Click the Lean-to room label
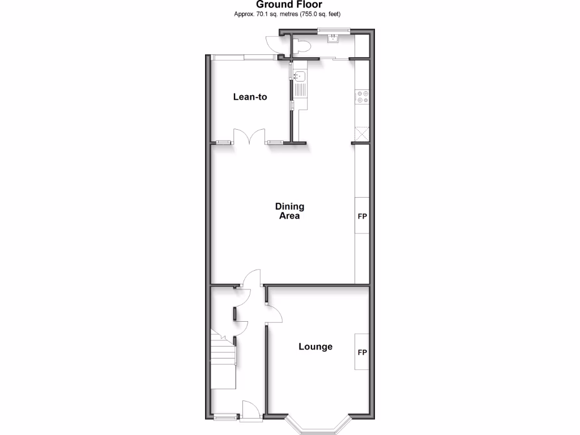coord(250,97)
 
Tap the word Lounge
coord(315,347)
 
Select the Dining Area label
coord(289,211)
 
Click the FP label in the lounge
coord(362,352)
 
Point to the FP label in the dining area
coord(362,216)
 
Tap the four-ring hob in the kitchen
coord(362,97)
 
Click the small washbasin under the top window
coord(334,38)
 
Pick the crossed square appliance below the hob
coord(362,134)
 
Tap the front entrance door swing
coord(249,410)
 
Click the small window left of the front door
coord(225,419)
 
